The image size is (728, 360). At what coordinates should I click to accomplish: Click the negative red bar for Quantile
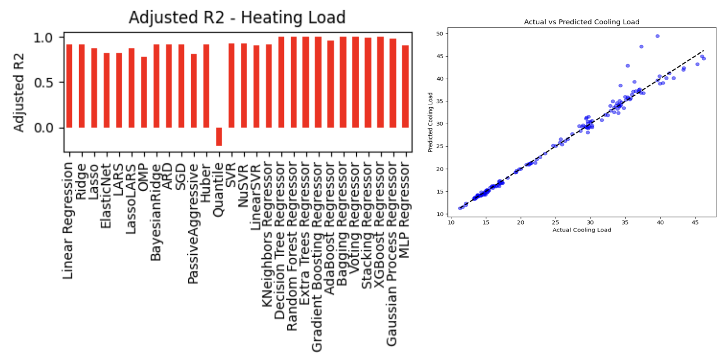[219, 136]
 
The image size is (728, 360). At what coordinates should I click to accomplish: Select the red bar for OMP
[144, 92]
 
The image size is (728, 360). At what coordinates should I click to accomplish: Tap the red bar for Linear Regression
[69, 86]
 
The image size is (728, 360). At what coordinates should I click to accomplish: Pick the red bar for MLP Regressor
[405, 86]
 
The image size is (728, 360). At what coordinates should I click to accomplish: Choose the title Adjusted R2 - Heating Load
[237, 17]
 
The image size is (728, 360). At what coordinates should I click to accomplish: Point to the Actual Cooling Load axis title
[581, 230]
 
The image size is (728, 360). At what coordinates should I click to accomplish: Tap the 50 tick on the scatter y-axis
[440, 33]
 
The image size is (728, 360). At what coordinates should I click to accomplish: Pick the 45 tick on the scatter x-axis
[695, 222]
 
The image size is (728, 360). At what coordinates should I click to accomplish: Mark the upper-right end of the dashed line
[704, 50]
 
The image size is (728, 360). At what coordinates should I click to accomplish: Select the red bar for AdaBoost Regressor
[331, 84]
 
